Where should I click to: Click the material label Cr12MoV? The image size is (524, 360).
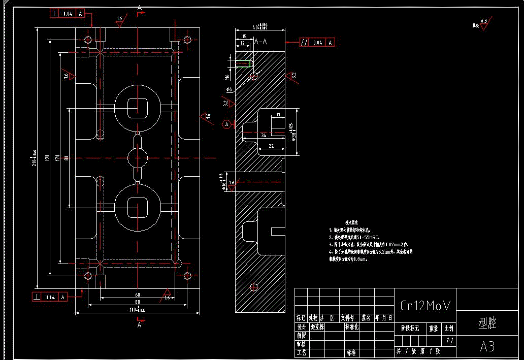pos(425,305)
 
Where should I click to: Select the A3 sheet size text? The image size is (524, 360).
pos(487,346)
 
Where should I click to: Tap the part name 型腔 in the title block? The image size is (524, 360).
pos(487,323)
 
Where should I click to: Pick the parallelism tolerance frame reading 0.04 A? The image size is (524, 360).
pos(317,43)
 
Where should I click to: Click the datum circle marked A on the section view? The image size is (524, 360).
pos(227,124)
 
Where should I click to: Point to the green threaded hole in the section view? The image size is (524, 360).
pos(245,63)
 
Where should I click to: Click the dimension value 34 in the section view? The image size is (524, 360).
pos(263,136)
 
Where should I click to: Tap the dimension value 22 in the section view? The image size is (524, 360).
pos(271,146)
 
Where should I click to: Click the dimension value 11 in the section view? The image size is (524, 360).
pos(278,115)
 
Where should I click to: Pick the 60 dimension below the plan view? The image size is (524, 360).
pos(137,294)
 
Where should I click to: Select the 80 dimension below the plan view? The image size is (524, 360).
pos(137,302)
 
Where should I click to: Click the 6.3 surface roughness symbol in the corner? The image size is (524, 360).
pos(484,23)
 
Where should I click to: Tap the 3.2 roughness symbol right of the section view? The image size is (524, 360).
pos(292,76)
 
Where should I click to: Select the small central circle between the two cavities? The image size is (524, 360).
pos(137,158)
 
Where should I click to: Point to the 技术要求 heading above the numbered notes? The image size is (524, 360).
pos(352,222)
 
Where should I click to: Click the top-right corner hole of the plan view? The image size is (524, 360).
pos(187,40)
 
